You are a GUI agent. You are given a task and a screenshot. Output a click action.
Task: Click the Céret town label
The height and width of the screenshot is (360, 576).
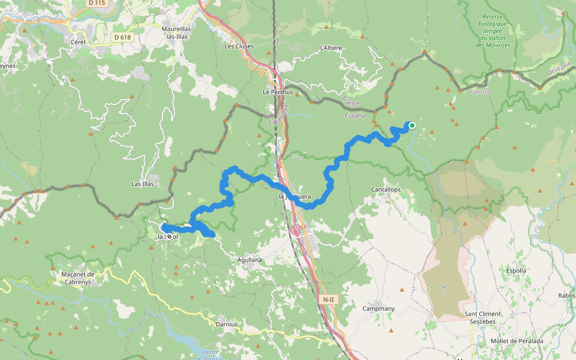(78, 42)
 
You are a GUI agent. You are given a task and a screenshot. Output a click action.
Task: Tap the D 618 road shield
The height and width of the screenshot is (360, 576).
(122, 37)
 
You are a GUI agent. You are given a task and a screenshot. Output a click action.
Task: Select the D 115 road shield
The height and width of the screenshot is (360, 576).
(97, 3)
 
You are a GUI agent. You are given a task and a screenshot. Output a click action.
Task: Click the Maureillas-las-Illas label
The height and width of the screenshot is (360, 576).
(176, 32)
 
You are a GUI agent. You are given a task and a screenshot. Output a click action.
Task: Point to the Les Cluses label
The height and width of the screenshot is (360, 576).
(239, 46)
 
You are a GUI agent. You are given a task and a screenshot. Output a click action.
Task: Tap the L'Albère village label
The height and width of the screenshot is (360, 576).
(331, 47)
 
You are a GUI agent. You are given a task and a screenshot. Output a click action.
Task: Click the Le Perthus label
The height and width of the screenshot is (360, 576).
(278, 92)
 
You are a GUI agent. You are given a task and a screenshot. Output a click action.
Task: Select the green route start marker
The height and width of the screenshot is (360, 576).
(412, 125)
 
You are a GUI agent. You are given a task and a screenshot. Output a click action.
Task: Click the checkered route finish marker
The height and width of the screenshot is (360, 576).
(170, 236)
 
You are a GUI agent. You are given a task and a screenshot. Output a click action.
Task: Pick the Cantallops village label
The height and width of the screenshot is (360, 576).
(386, 190)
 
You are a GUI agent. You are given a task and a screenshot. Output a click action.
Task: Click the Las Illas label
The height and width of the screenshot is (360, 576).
(143, 184)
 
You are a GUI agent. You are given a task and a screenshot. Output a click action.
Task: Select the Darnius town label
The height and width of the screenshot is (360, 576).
(226, 324)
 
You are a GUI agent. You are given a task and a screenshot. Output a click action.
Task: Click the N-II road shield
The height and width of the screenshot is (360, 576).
(328, 299)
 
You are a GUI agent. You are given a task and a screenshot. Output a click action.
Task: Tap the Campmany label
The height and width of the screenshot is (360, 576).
(379, 308)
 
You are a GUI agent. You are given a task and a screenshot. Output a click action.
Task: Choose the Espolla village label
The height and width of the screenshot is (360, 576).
(516, 271)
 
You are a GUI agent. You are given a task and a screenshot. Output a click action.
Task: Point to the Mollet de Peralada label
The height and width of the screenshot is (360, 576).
(517, 341)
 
